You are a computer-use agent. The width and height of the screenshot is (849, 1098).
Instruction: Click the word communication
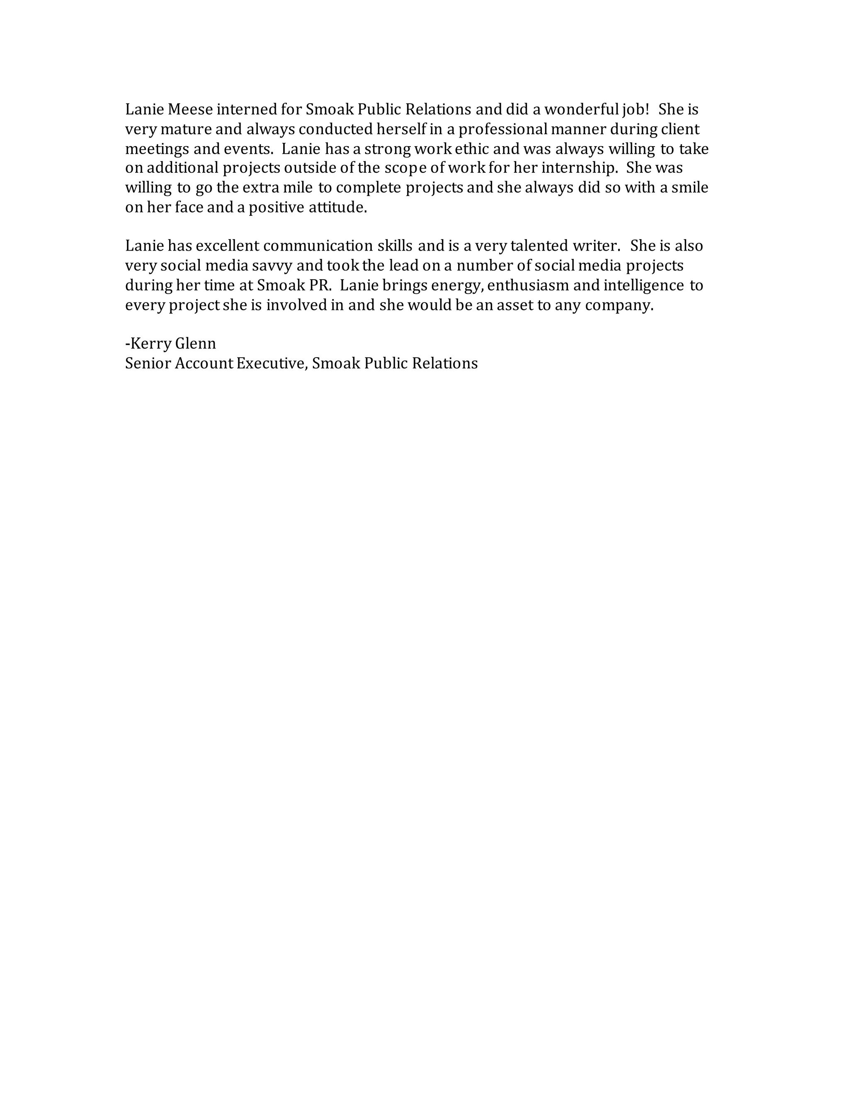[x=318, y=246]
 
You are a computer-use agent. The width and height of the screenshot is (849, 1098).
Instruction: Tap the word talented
[x=539, y=246]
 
